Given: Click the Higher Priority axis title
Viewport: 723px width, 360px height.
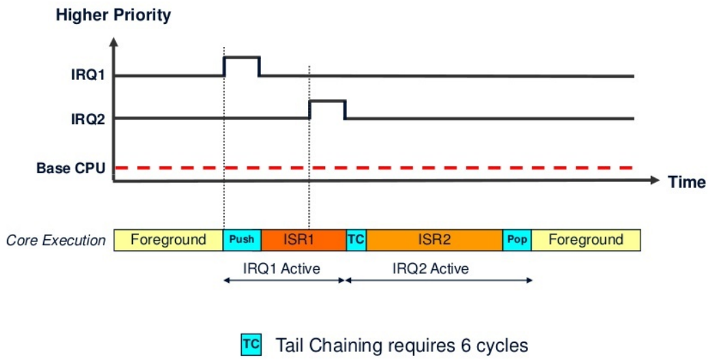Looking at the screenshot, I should (x=113, y=15).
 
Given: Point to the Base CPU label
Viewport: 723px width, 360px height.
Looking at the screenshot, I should (x=72, y=167).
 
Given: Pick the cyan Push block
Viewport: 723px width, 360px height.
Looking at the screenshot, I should (x=242, y=240).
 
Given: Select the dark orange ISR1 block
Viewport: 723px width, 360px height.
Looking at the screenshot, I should (x=303, y=240).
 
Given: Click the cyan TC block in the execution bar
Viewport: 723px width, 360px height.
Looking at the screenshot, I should (x=356, y=240).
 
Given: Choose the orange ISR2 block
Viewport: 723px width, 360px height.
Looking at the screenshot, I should (x=434, y=240).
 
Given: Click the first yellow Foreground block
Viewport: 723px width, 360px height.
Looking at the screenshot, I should (x=168, y=240).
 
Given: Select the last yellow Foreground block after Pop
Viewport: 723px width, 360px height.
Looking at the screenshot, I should (x=585, y=240).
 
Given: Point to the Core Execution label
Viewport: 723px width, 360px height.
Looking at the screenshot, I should (x=56, y=241).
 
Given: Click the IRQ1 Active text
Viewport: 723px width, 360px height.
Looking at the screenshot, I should (x=282, y=269).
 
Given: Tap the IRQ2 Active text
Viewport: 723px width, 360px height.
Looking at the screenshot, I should (x=431, y=269).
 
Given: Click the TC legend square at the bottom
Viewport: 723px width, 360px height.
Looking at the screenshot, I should (x=250, y=345).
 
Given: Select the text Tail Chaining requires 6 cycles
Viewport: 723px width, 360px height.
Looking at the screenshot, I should (x=402, y=345).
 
